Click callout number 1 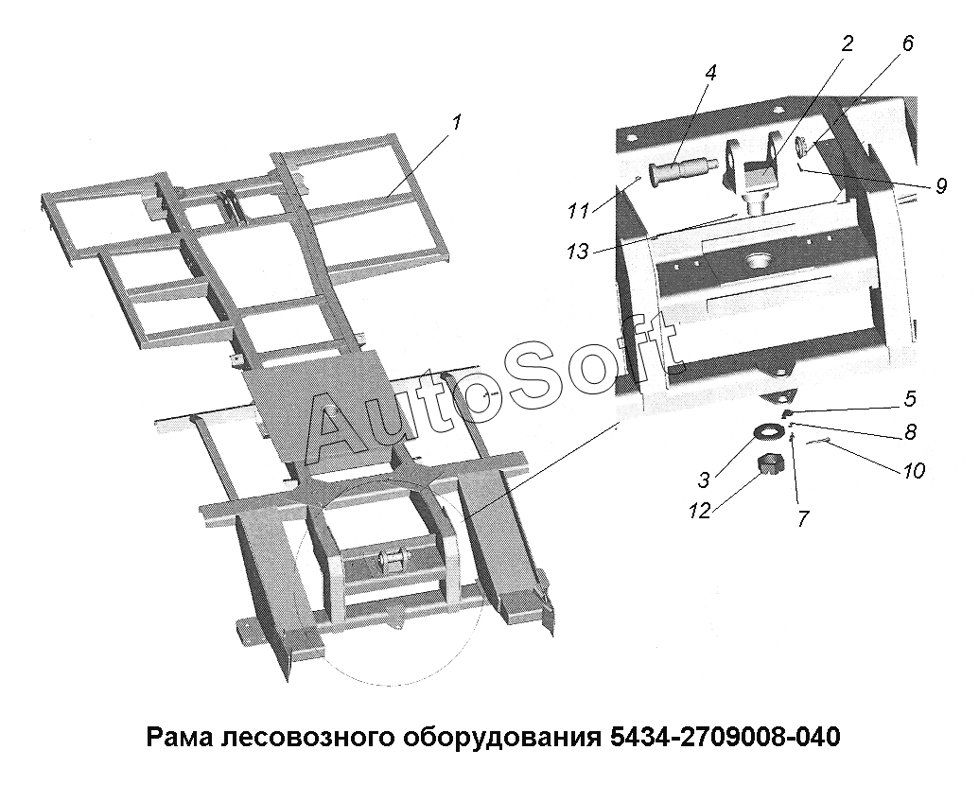coord(458,122)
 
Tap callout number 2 coord(847,44)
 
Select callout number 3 coord(705,480)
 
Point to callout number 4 coord(710,73)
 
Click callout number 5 coord(911,398)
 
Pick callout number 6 coord(907,44)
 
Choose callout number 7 coord(804,517)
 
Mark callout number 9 coord(941,185)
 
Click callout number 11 coord(579,211)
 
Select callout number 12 coord(701,512)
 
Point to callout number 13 coord(578,252)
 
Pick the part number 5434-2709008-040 coord(722,737)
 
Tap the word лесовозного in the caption coord(306,738)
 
